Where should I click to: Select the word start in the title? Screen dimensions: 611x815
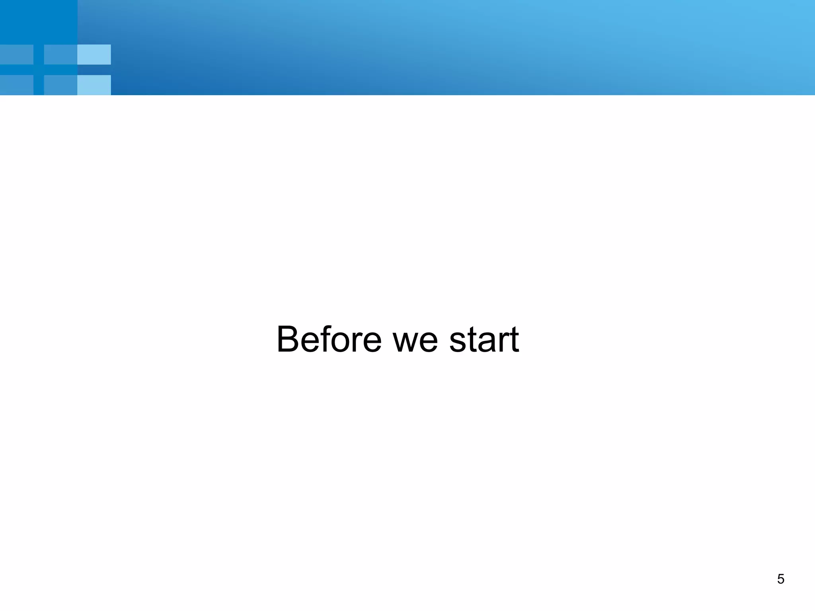pos(484,340)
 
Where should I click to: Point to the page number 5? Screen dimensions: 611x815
pos(780,579)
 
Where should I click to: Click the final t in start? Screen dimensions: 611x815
pos(513,340)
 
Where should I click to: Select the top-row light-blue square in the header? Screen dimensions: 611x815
pos(94,54)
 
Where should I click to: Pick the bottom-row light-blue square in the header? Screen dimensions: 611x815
pos(94,85)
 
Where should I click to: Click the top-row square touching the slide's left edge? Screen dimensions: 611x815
pos(16,54)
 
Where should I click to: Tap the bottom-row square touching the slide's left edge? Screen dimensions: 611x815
pos(16,85)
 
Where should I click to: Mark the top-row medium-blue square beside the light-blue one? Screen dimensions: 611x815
pos(60,54)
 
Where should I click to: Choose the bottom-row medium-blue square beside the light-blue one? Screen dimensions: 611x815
pos(60,85)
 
